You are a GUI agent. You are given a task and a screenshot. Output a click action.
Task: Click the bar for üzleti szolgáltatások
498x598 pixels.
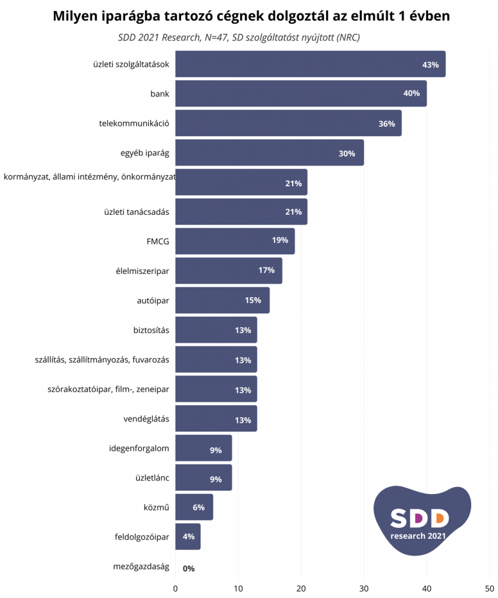pos(310,64)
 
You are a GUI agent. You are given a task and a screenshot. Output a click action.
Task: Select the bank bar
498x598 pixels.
pos(300,93)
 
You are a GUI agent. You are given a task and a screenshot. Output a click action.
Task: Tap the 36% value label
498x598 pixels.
pos(386,124)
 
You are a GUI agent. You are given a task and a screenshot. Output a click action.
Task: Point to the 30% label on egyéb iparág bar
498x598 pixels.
pos(347,154)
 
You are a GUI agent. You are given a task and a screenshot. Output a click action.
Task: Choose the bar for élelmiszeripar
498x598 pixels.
pos(229,271)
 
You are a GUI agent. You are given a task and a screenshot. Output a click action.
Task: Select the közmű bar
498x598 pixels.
pos(194,507)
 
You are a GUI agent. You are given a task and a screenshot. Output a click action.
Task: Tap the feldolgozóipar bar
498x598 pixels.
pos(188,537)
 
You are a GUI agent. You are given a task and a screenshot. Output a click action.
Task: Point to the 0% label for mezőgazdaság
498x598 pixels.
pos(188,568)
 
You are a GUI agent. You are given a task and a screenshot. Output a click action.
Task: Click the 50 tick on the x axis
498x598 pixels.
pos(489,588)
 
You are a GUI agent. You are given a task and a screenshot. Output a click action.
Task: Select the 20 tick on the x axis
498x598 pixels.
pos(301,588)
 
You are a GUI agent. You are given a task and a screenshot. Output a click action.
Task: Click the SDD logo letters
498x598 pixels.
pos(419,517)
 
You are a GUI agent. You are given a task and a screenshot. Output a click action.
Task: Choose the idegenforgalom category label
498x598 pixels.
pos(139,448)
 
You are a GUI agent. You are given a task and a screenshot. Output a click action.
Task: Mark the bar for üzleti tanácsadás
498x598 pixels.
pos(241,211)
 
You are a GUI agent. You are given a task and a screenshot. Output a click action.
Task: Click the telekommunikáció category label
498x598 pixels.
pos(134,123)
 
